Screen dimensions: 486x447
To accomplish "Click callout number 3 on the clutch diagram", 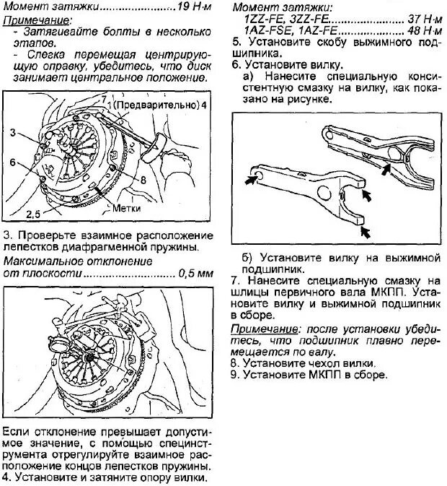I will click(12, 132).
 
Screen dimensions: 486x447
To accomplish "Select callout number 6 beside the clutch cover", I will click(12, 163).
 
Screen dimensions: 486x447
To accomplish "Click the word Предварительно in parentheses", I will click(157, 105).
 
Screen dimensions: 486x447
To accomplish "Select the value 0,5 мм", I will click(196, 274).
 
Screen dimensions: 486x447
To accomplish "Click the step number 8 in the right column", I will click(234, 363).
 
